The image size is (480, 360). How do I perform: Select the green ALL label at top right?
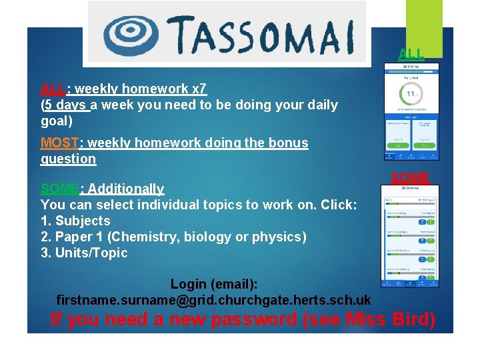coord(411,53)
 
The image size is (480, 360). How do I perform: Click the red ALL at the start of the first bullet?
coord(53,89)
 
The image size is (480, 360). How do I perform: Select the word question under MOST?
coord(68,159)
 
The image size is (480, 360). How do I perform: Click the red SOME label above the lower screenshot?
coord(410,178)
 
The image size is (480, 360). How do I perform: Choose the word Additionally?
coord(126,189)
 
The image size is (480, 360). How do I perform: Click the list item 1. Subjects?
coord(75,221)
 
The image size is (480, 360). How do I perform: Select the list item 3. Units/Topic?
coord(84,253)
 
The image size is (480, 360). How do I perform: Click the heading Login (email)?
coord(214,284)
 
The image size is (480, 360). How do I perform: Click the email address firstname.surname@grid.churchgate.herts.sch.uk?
coord(213,300)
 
